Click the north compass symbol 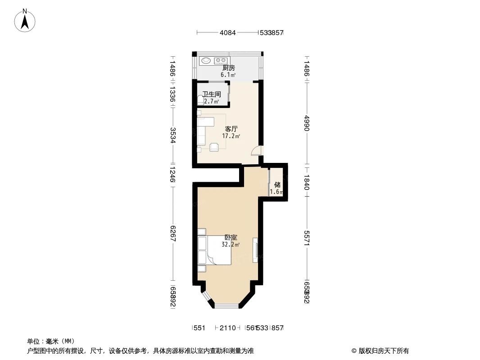(x=25, y=21)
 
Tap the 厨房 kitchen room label (x=228, y=68)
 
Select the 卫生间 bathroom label (x=211, y=94)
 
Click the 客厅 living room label (x=231, y=129)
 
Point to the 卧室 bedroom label (x=231, y=238)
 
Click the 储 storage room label (x=277, y=184)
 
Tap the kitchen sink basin (x=206, y=60)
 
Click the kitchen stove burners (x=221, y=60)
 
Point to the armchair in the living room (x=214, y=146)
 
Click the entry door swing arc (x=256, y=151)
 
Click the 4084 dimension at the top (x=227, y=33)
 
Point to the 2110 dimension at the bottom (x=228, y=328)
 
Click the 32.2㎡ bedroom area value (x=230, y=245)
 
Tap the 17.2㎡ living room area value (x=231, y=136)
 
